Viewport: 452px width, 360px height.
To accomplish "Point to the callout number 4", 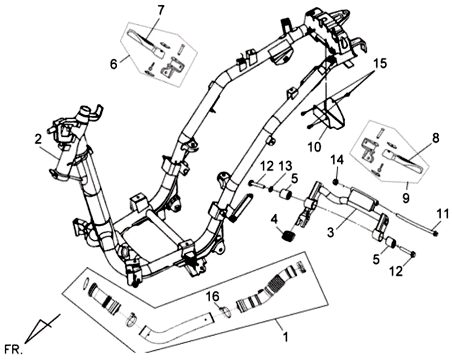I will (273, 219).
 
